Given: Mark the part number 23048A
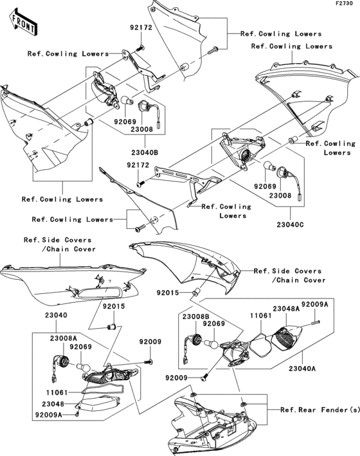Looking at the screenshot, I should coord(287,308).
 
